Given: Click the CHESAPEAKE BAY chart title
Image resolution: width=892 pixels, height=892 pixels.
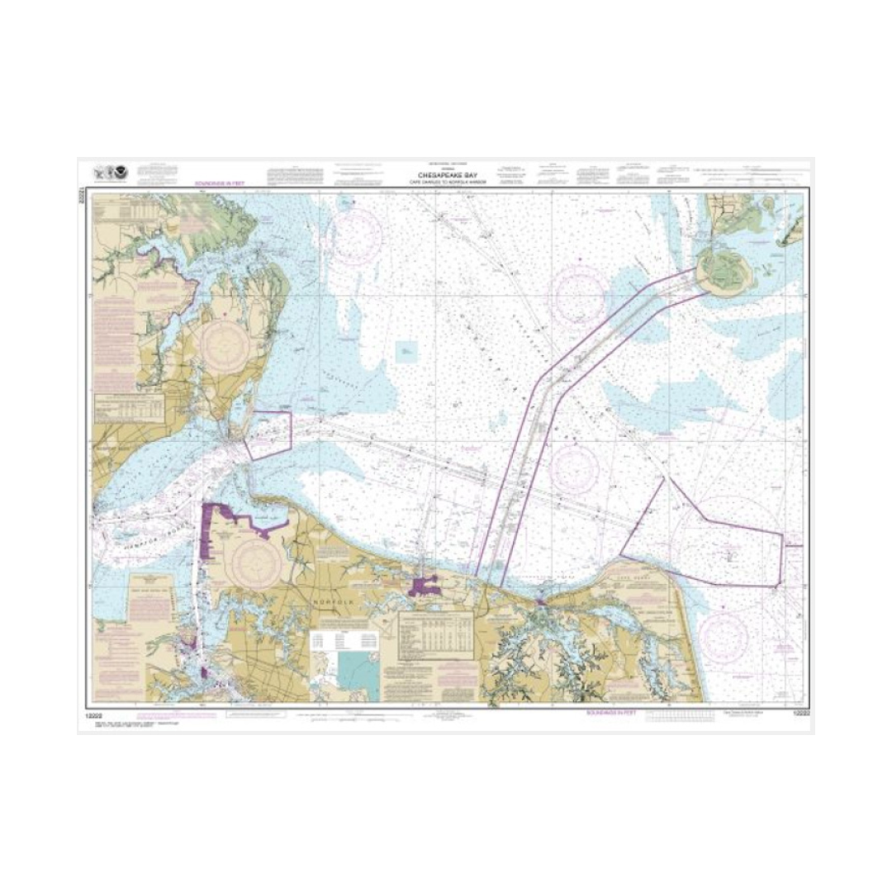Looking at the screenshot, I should coord(446,174).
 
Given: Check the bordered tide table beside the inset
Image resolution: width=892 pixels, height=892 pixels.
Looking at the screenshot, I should coord(436,634).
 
